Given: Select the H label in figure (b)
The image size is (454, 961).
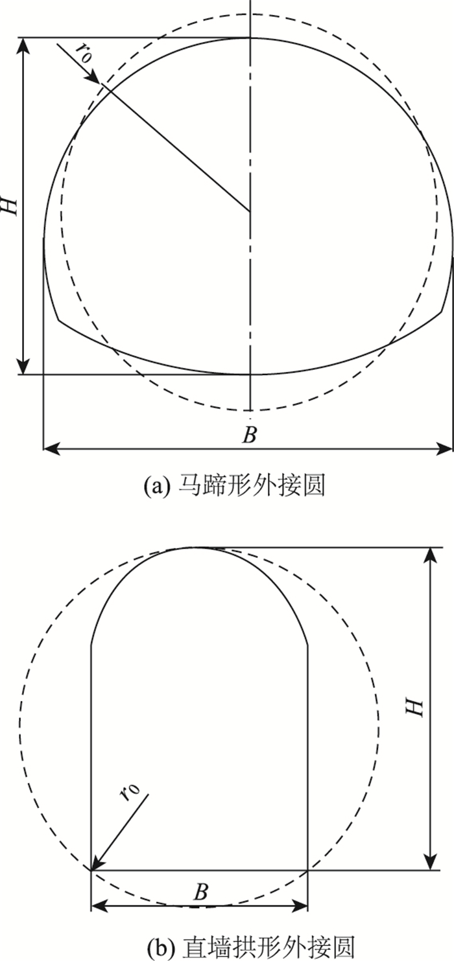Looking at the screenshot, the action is coord(416,707).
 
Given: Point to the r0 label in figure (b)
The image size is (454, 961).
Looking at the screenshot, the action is coord(130,794).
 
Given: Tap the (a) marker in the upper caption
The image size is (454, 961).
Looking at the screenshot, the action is coord(157,485).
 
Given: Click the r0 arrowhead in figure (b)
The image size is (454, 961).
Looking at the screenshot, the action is coord(95,865).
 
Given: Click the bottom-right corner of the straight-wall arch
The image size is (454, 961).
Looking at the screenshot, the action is coord(307,870).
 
